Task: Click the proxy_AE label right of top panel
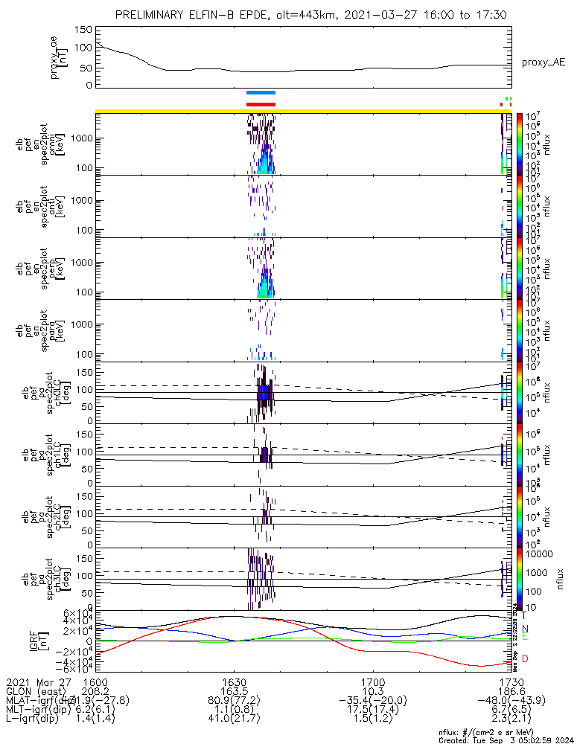[543, 63]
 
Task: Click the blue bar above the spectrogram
[261, 93]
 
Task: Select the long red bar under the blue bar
[261, 104]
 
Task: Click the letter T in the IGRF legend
[524, 615]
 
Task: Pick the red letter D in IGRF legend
[524, 659]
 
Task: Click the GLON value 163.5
[234, 691]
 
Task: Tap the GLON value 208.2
[95, 691]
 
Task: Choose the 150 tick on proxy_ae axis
[83, 30]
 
